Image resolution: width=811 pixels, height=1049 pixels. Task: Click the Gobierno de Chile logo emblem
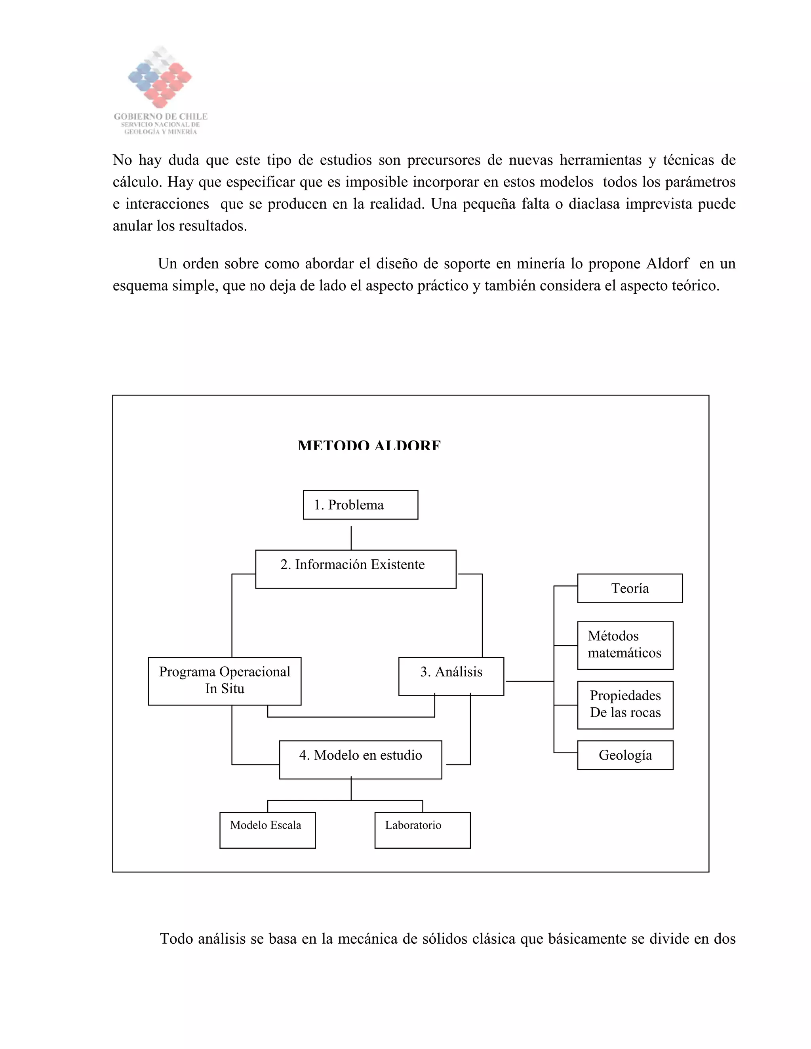click(x=160, y=77)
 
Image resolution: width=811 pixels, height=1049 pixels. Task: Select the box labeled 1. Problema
click(x=360, y=505)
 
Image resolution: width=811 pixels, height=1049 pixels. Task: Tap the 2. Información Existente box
click(x=356, y=569)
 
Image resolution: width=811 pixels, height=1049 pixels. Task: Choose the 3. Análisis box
click(x=451, y=676)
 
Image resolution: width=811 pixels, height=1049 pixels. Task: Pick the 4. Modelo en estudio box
click(x=360, y=760)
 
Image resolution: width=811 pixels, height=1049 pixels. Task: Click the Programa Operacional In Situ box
click(x=225, y=681)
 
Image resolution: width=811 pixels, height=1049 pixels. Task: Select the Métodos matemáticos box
click(x=625, y=645)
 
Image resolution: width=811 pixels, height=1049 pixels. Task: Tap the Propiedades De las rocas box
click(x=625, y=705)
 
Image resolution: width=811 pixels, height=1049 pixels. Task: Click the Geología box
click(x=625, y=755)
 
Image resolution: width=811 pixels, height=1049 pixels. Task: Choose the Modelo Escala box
click(x=267, y=830)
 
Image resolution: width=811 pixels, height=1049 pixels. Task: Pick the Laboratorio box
click(x=422, y=830)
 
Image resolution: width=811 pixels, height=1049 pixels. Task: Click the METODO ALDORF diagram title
click(x=369, y=445)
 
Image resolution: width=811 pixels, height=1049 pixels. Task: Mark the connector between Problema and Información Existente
click(x=351, y=538)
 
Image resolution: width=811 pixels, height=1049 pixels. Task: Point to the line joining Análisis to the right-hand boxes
click(x=529, y=681)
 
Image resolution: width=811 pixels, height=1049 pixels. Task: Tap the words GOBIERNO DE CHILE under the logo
click(x=160, y=117)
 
